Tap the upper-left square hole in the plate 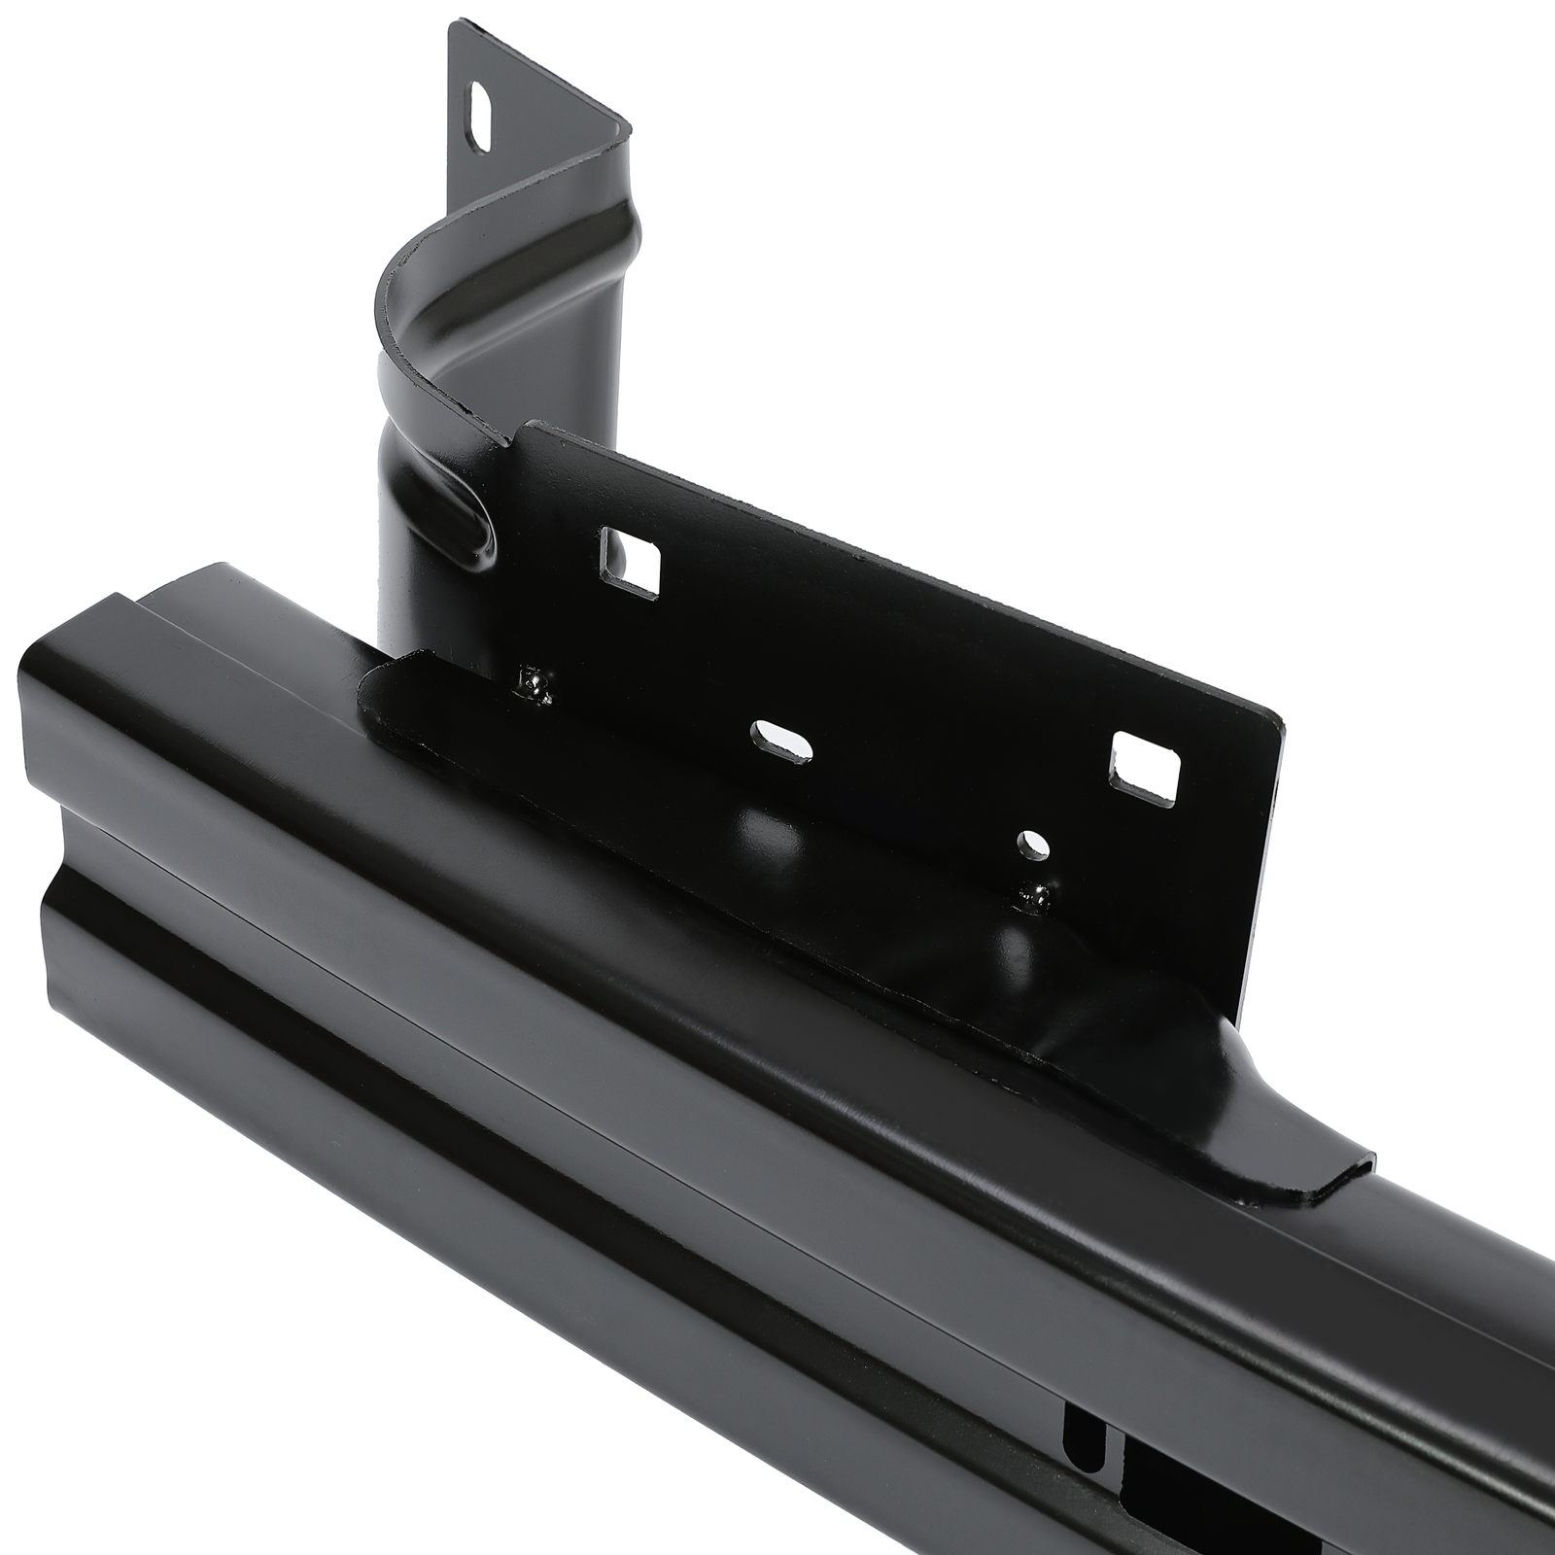(x=631, y=560)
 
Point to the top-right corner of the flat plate (x=1281, y=724)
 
